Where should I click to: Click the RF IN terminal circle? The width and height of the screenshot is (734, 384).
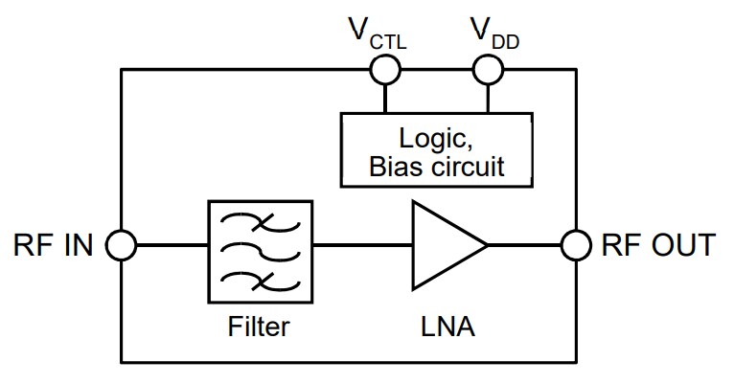(x=121, y=245)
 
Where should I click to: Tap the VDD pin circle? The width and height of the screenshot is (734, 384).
(x=489, y=69)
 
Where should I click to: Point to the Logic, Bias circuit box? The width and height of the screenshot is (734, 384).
(x=437, y=149)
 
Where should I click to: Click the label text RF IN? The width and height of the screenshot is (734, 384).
(x=54, y=246)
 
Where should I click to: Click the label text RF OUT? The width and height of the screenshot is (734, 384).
(x=657, y=246)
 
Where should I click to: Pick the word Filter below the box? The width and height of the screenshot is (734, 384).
(x=259, y=328)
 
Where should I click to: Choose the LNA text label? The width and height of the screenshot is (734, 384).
(x=447, y=328)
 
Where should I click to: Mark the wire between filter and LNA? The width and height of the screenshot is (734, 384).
(x=362, y=245)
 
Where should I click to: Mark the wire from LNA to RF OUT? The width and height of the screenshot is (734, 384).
(x=525, y=245)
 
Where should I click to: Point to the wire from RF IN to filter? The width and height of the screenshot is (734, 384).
(x=171, y=245)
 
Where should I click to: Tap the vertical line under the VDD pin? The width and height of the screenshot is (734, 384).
(x=489, y=97)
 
